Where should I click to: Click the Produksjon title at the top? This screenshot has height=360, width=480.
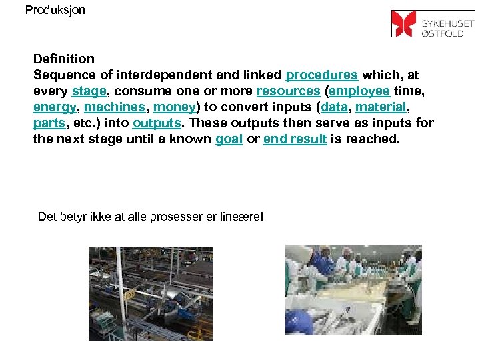click(55, 10)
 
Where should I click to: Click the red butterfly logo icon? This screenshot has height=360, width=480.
click(403, 23)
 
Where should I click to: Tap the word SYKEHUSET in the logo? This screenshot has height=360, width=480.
click(447, 19)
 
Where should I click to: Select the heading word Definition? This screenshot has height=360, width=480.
click(64, 59)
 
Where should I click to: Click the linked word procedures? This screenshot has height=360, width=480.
click(322, 75)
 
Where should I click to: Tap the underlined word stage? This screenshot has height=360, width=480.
click(89, 91)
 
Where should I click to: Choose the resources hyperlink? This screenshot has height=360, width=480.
click(288, 91)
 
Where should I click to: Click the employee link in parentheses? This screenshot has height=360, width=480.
click(359, 91)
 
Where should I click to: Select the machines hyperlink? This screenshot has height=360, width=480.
click(114, 107)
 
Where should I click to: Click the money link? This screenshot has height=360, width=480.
click(174, 107)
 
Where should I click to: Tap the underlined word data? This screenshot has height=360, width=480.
click(334, 107)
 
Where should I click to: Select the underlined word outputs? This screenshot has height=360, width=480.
click(157, 123)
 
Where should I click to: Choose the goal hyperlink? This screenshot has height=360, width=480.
click(229, 139)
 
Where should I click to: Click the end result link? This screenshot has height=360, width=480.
click(295, 139)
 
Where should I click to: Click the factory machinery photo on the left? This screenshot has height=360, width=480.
click(151, 293)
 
